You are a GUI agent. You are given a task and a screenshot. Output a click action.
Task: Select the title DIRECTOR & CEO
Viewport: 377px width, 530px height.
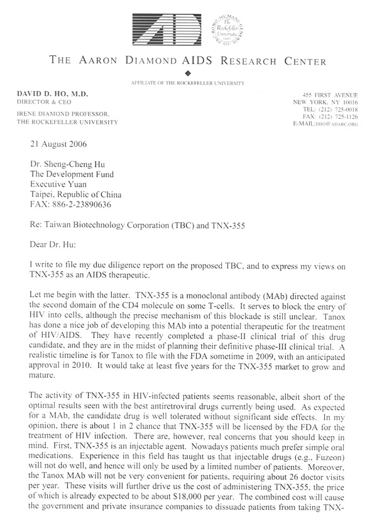point(40,101)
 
